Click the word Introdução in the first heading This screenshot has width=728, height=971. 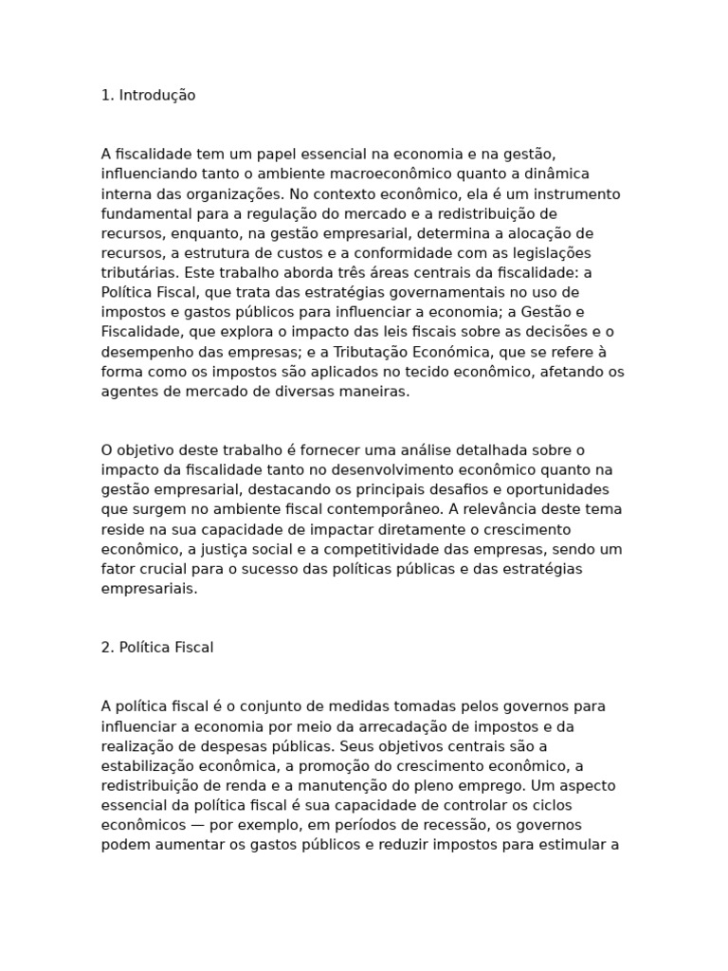[x=157, y=96]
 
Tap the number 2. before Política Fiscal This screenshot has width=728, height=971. [x=107, y=648]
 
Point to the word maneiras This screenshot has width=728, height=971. [x=378, y=392]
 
